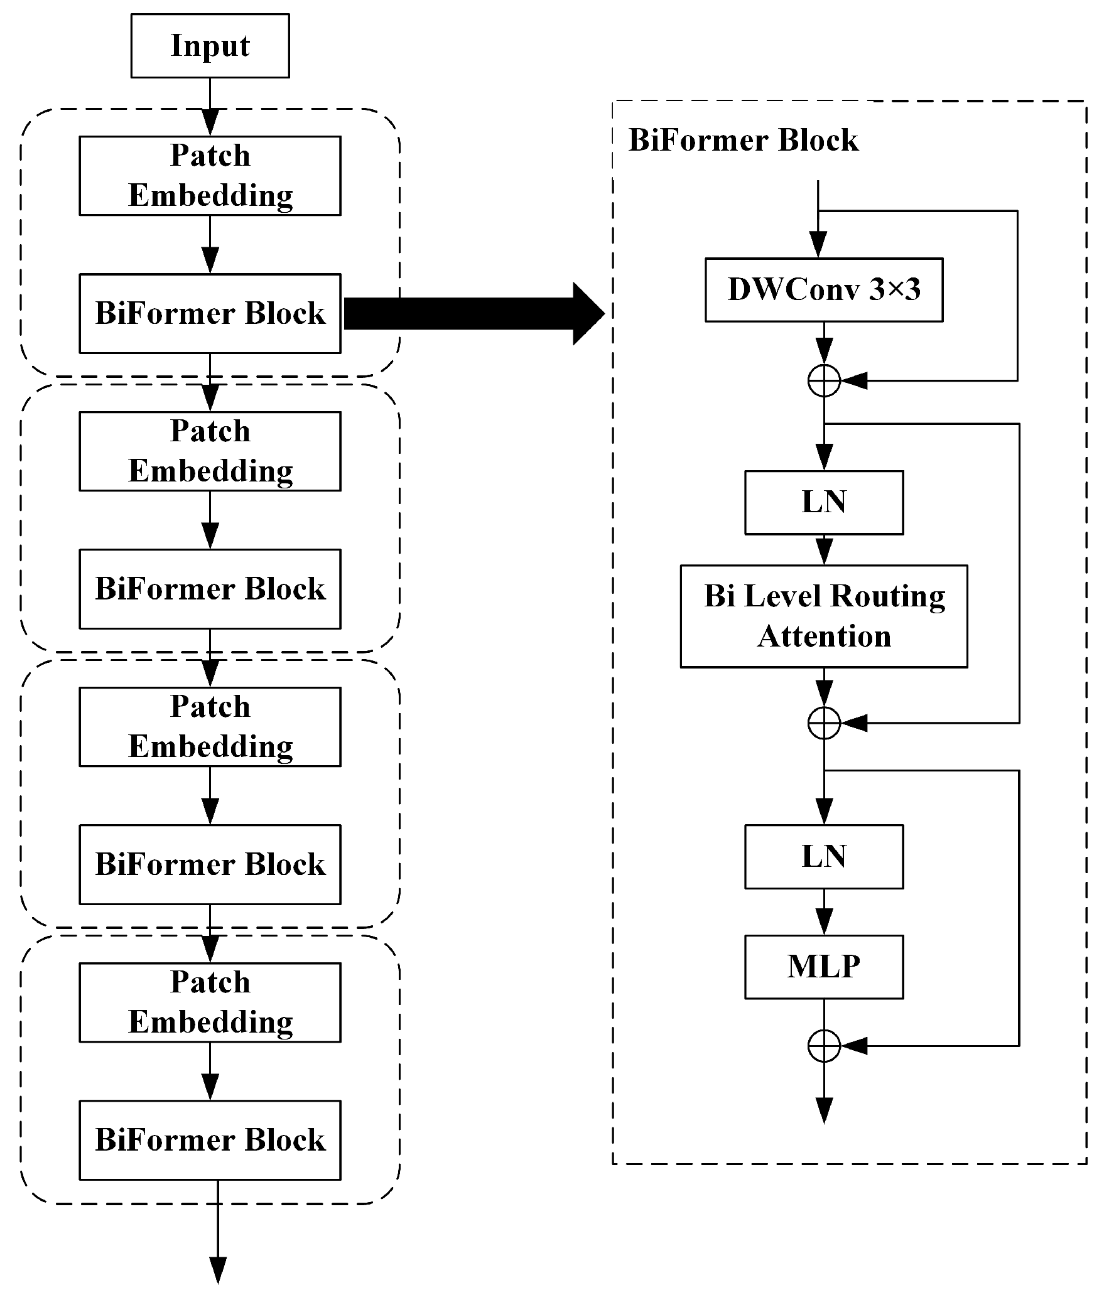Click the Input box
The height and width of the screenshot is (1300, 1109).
click(210, 46)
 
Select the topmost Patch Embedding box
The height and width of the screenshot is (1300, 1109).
click(210, 176)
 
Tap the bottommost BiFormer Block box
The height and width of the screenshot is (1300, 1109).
click(210, 1141)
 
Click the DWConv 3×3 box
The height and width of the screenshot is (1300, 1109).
click(823, 290)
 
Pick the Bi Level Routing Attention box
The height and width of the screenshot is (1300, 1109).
click(823, 616)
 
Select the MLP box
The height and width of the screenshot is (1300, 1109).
click(823, 967)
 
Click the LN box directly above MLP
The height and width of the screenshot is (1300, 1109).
click(823, 857)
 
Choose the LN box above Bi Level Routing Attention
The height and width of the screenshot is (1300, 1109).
click(823, 502)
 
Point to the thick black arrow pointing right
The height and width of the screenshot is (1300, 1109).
click(471, 313)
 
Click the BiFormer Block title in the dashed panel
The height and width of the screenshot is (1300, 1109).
click(743, 140)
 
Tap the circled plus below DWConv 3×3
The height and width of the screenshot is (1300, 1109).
click(823, 380)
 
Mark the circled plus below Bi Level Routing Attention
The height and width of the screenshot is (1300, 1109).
click(823, 723)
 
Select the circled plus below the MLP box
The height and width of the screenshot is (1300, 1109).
click(823, 1046)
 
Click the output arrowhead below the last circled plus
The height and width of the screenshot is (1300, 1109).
click(823, 1110)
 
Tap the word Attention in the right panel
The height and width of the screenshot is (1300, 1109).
click(823, 637)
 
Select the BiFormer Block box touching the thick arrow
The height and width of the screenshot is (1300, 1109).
click(210, 313)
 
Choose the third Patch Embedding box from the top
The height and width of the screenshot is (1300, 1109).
click(210, 727)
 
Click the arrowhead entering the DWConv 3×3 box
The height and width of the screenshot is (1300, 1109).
click(818, 245)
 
